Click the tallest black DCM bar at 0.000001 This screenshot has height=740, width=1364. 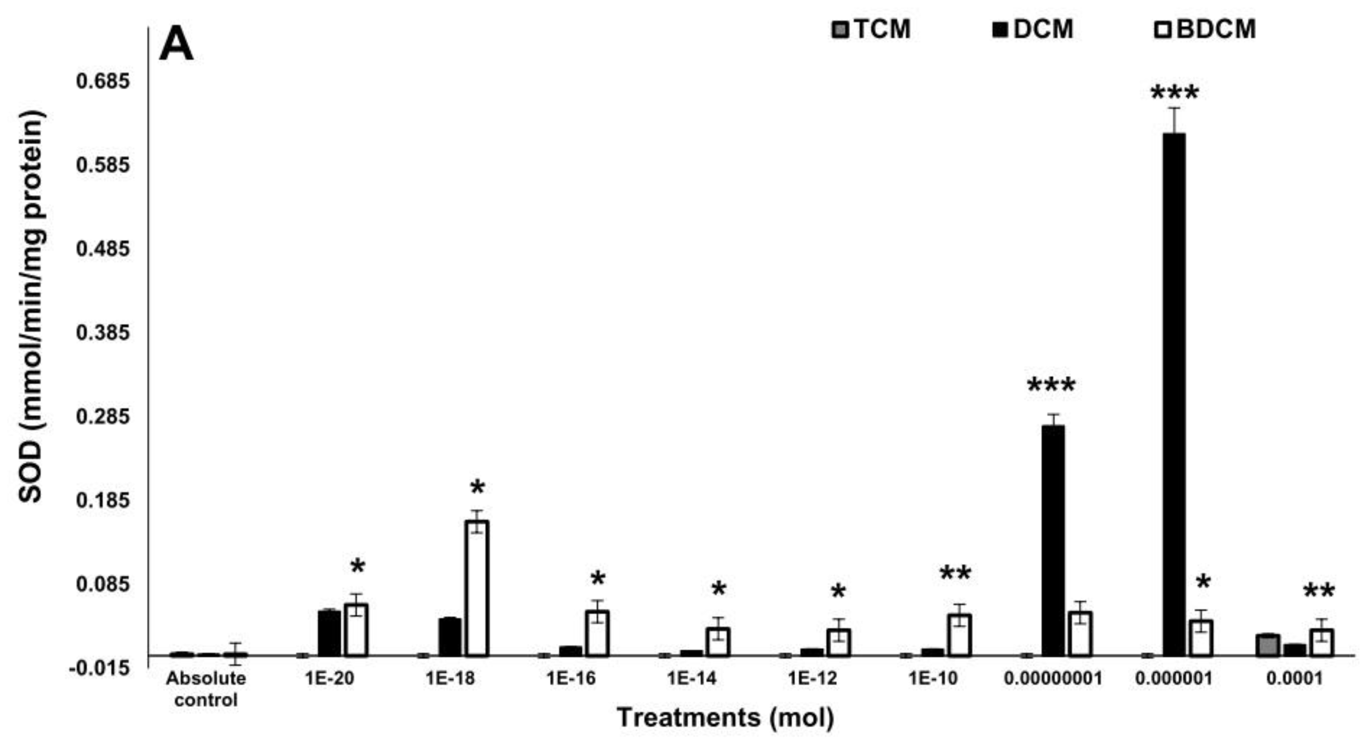click(1173, 395)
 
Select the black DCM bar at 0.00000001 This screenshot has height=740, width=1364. click(1053, 540)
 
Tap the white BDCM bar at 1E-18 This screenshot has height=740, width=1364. click(477, 588)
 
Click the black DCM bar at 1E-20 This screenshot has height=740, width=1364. click(329, 633)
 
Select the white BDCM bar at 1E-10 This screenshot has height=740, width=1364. click(959, 635)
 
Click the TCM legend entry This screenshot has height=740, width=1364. click(871, 29)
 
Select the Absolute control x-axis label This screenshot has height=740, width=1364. click(206, 689)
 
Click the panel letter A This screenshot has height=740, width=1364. click(176, 45)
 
